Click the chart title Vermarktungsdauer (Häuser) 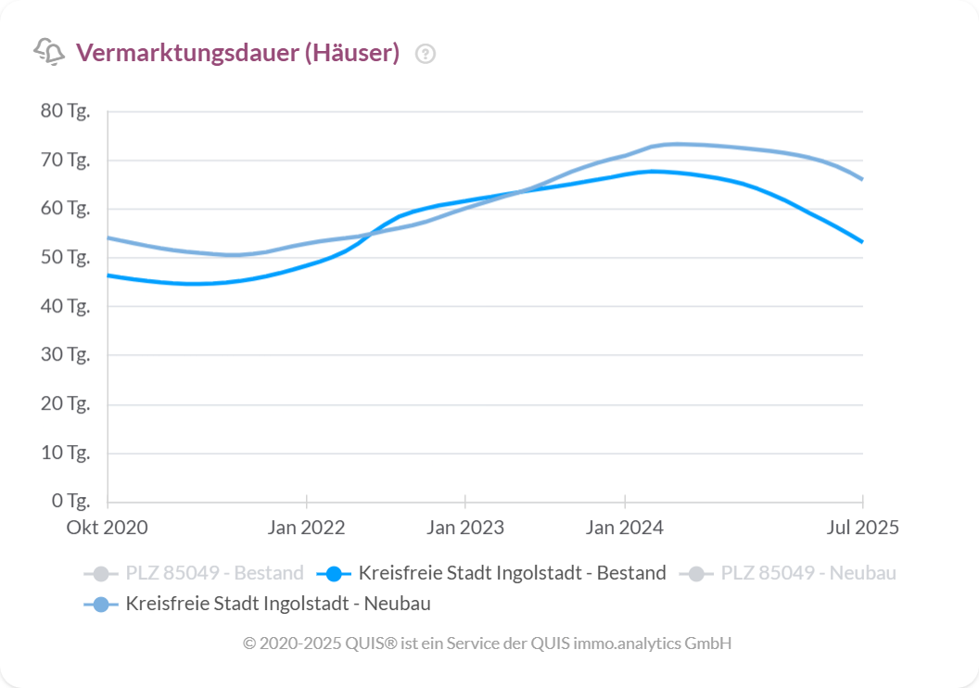237,53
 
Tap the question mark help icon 426,54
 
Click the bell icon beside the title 49,52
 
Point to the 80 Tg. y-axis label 65,111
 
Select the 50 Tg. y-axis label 65,258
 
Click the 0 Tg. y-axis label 70,502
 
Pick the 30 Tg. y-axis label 65,355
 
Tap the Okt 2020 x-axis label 107,528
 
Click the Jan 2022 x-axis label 306,528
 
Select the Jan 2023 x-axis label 465,528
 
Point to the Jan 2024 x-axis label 625,528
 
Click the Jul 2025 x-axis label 863,528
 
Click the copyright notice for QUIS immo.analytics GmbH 488,643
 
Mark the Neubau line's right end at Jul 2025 862,179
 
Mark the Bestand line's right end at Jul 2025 862,242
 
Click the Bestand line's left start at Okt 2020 108,275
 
